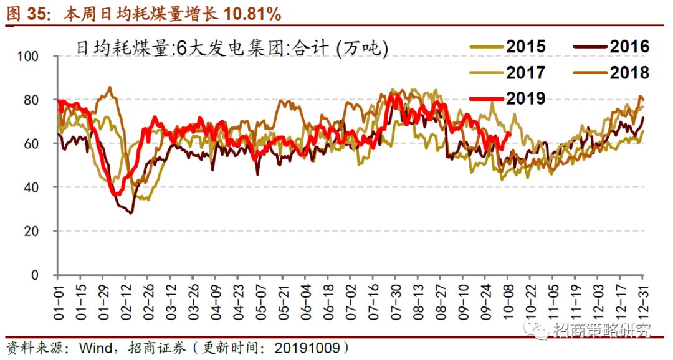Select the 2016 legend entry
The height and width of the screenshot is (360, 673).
tap(610, 47)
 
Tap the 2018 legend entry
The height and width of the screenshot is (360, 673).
tap(610, 73)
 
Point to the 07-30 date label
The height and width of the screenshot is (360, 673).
tap(396, 301)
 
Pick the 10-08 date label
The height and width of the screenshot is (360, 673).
tap(508, 301)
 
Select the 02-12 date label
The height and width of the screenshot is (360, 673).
tap(125, 301)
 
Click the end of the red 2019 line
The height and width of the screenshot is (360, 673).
tap(510, 133)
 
